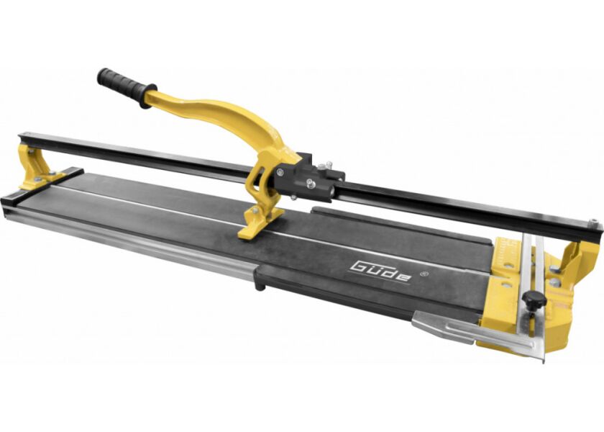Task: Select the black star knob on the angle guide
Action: (533, 299)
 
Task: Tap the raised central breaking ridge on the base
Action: (216, 210)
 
